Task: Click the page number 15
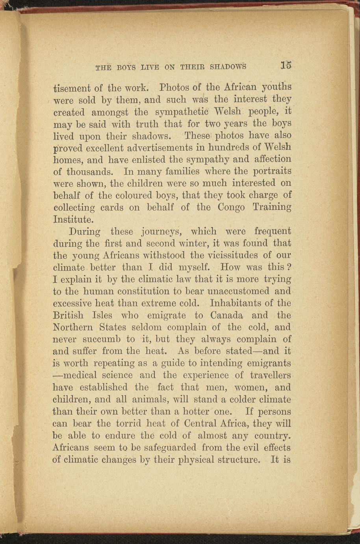(x=286, y=65)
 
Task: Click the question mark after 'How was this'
(x=289, y=267)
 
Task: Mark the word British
(x=68, y=315)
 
